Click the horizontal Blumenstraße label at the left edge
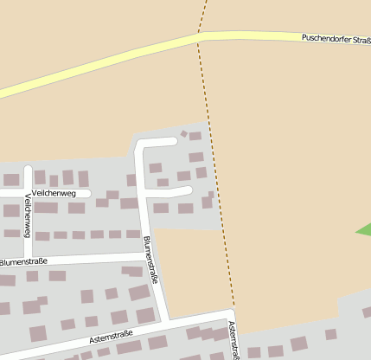(23, 260)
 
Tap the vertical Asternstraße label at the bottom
(233, 340)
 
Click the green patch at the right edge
(364, 230)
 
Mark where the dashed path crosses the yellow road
(200, 35)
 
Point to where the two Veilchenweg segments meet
(29, 193)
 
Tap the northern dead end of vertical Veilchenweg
(29, 167)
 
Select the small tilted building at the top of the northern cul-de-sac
(183, 134)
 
